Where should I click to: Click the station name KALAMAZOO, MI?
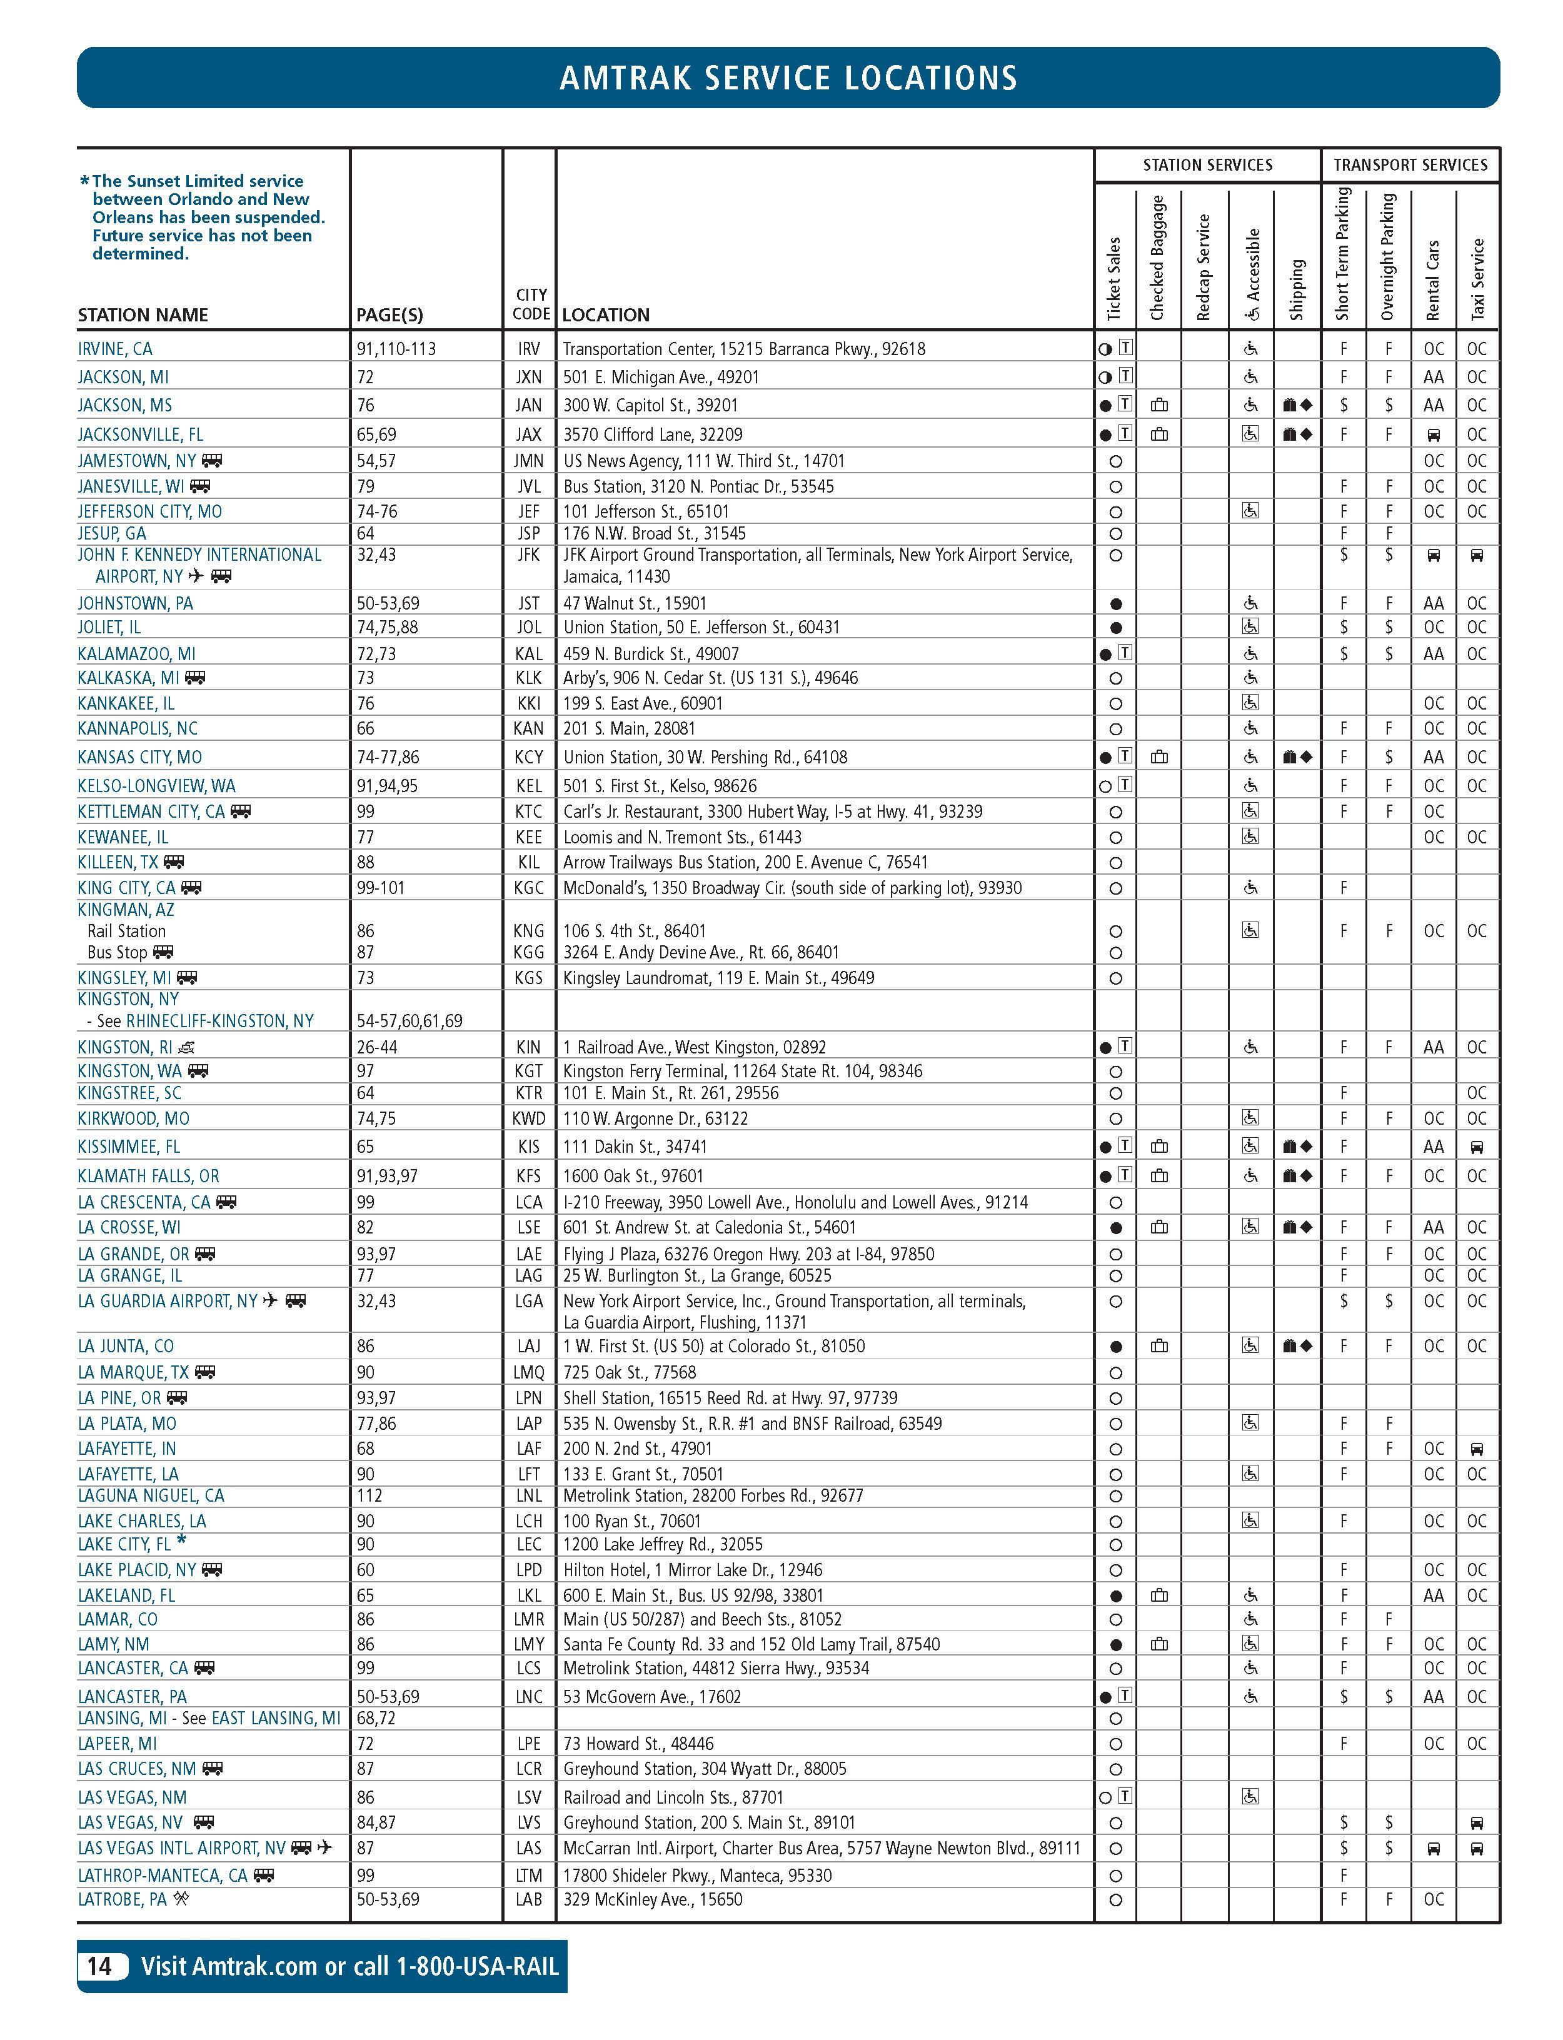[137, 654]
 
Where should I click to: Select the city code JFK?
[528, 555]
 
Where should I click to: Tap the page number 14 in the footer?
[99, 1966]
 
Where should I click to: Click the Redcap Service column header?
[1204, 268]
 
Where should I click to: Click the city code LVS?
[528, 1822]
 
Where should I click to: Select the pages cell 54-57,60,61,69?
[410, 1020]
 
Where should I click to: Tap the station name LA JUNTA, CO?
[126, 1346]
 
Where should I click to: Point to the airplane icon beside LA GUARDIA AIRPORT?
[271, 1300]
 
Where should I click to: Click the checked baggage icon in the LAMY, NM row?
[1159, 1644]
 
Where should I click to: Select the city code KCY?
[528, 757]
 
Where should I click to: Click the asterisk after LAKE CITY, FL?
[181, 1540]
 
